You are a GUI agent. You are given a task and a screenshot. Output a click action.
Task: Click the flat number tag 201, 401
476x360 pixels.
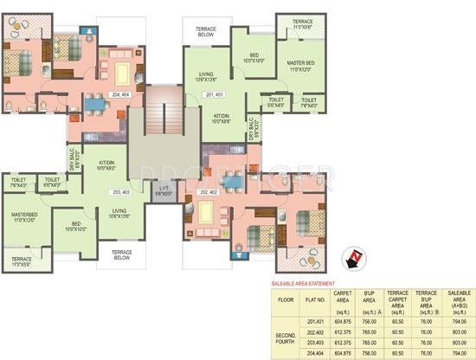[x=214, y=93]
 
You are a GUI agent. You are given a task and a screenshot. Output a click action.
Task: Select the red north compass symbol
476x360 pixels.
[x=354, y=258]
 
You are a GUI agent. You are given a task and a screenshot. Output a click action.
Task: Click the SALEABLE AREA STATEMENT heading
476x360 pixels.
[x=304, y=284]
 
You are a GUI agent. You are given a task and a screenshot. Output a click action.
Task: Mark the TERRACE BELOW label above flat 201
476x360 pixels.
[x=206, y=31]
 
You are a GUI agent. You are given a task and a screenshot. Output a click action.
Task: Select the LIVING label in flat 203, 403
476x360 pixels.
[x=119, y=212]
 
